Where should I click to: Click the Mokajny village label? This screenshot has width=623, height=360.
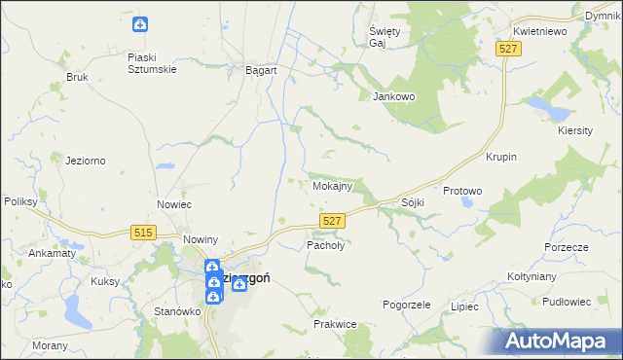tap(331, 185)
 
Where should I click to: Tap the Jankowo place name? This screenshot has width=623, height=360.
tap(394, 96)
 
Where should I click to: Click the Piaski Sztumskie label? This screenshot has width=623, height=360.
tap(150, 62)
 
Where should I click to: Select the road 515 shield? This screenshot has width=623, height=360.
tap(142, 231)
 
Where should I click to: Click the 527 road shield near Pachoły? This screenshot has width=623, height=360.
tap(332, 222)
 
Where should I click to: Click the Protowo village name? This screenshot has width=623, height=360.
tap(462, 191)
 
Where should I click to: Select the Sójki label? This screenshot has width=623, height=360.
tap(413, 202)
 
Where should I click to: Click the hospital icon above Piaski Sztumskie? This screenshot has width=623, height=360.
tap(140, 24)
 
